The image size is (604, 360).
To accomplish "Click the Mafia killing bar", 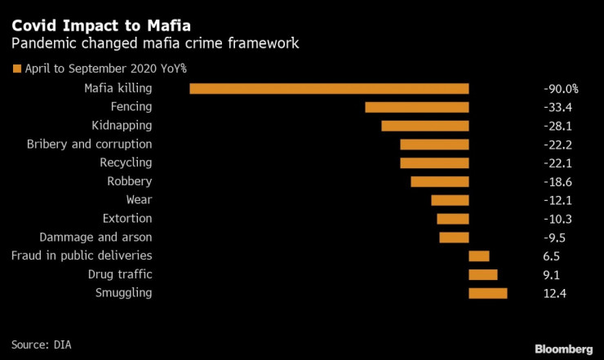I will tap(329, 88).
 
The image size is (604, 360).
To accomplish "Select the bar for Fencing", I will tap(416, 107).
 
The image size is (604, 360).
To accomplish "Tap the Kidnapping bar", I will tap(424, 126).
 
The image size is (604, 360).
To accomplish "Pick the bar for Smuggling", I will tap(487, 293).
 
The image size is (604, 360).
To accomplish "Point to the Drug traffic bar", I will tap(482, 274).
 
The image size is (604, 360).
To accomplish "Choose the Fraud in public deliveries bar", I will tap(478, 256).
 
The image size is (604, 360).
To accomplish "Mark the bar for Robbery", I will tap(439, 181).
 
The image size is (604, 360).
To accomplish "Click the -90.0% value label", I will tap(560, 88).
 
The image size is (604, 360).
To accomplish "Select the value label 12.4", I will tap(554, 293).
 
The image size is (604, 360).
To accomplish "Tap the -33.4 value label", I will tap(557, 107).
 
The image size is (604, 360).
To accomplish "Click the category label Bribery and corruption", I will tap(89, 144).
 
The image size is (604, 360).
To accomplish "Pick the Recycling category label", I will tap(126, 163).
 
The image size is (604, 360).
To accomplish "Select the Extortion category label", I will tap(127, 219).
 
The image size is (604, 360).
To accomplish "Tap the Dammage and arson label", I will tap(95, 238).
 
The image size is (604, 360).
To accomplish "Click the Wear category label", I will tap(139, 200).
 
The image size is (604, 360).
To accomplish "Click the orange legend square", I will tap(16, 69).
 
